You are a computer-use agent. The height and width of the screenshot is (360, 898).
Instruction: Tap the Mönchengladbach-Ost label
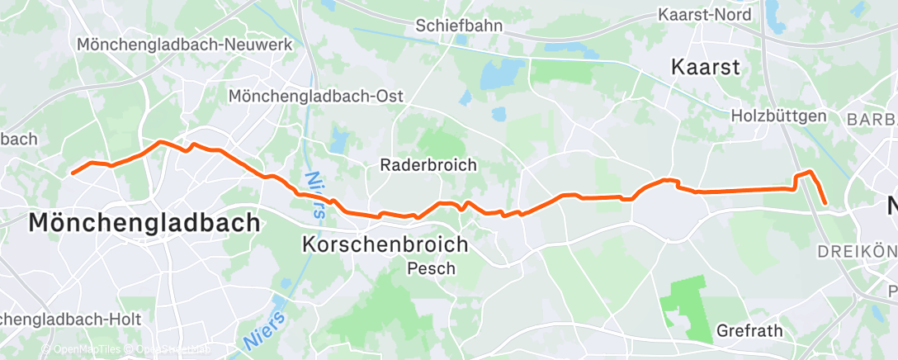point(315,96)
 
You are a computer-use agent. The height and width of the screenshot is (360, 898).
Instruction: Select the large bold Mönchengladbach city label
point(144,222)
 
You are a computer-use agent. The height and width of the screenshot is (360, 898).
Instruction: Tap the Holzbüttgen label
point(778,116)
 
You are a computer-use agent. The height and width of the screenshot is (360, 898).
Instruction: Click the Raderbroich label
point(428,164)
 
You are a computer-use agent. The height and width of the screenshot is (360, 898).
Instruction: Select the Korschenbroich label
point(385,244)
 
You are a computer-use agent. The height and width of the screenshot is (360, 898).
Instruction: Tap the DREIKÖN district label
point(856,250)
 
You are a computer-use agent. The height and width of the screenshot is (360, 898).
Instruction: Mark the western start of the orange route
point(73,173)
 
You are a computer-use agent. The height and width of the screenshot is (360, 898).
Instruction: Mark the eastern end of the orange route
point(825,201)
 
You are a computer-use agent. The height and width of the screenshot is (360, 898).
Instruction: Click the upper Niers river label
point(314,195)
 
